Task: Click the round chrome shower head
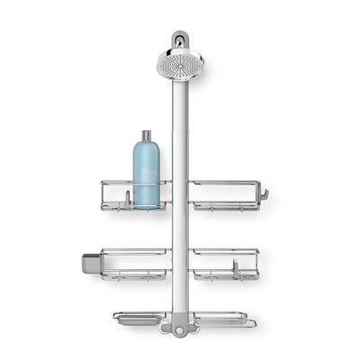tap(179, 64)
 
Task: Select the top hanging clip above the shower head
tap(180, 40)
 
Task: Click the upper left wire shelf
tap(135, 195)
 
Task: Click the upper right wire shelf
tap(225, 195)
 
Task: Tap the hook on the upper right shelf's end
tap(264, 193)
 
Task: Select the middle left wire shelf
tap(135, 263)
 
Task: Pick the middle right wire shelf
tap(225, 263)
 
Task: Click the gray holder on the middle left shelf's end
tap(89, 262)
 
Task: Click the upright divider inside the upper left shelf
tap(128, 196)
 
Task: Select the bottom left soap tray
tap(139, 317)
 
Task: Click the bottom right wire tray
tap(223, 318)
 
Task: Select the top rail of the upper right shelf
tap(225, 183)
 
